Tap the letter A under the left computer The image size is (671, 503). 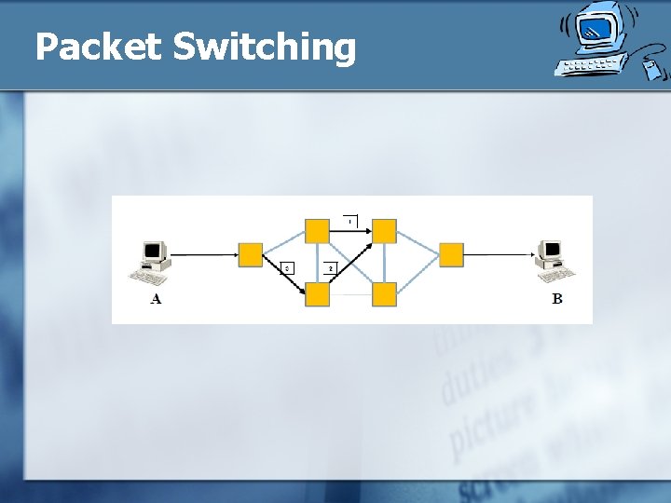pyautogui.click(x=156, y=299)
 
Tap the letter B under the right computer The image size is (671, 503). pyautogui.click(x=557, y=299)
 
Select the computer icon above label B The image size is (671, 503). pyautogui.click(x=555, y=261)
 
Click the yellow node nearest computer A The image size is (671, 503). pyautogui.click(x=251, y=254)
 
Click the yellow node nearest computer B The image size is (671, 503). pyautogui.click(x=451, y=254)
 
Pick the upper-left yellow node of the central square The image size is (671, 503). pyautogui.click(x=317, y=230)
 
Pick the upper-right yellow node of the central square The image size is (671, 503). pyautogui.click(x=384, y=230)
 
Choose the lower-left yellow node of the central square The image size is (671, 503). pyautogui.click(x=317, y=294)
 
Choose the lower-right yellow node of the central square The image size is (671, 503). pyautogui.click(x=384, y=294)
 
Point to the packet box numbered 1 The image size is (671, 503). pyautogui.click(x=350, y=221)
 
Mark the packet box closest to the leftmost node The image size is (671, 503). pyautogui.click(x=288, y=268)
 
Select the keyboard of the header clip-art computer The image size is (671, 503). pyautogui.click(x=587, y=66)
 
